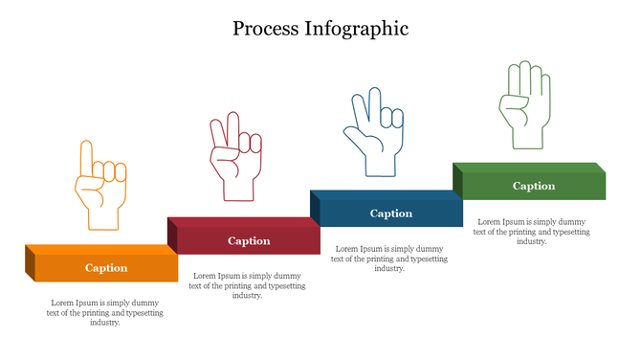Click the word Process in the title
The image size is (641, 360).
(268, 29)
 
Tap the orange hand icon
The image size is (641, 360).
(99, 187)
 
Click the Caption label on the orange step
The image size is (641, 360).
(106, 268)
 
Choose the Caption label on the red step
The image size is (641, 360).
(249, 241)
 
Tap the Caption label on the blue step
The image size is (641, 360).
(391, 214)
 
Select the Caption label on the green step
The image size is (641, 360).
(534, 186)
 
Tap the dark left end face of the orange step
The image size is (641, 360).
(30, 263)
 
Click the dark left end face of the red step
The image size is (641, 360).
(172, 236)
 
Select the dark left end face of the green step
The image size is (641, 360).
(457, 180)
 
